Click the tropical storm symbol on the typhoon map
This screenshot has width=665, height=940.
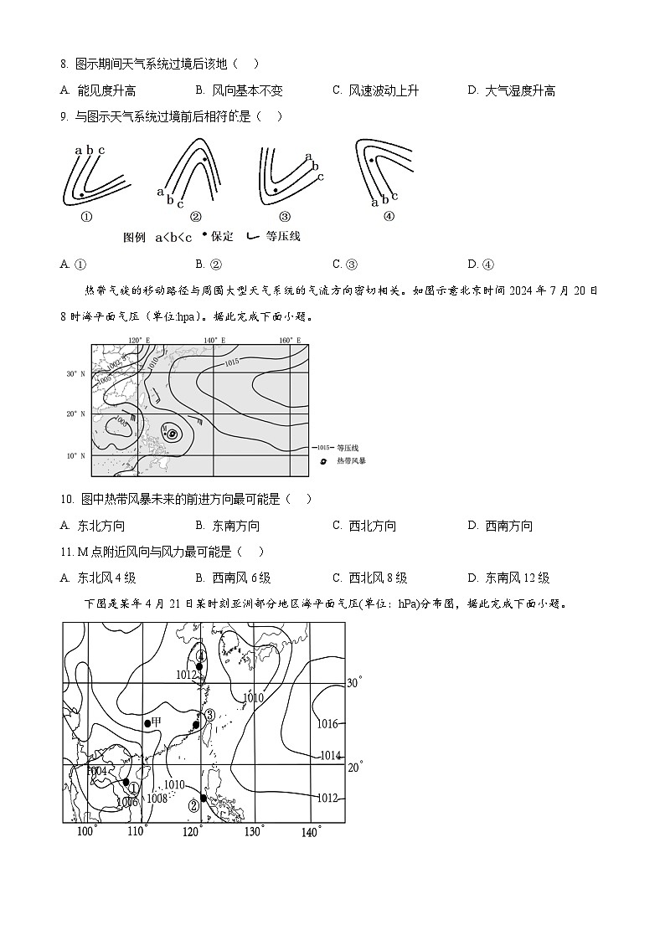172,434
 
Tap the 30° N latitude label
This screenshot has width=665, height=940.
77,373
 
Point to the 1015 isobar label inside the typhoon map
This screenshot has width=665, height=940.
232,362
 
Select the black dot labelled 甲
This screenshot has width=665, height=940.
147,722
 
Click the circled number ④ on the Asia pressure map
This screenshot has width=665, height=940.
201,655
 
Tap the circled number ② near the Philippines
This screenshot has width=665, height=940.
194,805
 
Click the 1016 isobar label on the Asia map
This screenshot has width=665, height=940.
327,724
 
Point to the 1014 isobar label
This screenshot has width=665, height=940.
331,755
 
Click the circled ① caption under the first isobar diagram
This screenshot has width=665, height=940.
85,216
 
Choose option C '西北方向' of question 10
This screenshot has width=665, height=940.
372,526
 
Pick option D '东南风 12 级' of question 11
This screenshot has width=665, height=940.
517,578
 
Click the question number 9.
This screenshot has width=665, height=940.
64,116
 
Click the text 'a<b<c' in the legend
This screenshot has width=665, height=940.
173,237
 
